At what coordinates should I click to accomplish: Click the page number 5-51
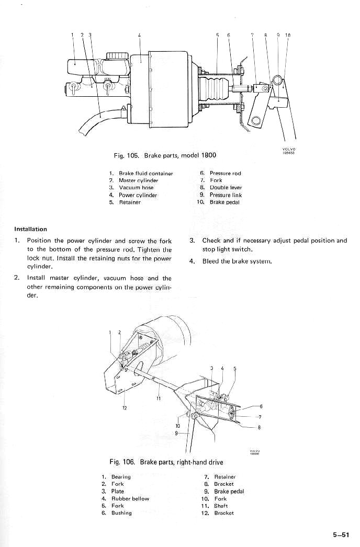pyautogui.click(x=340, y=534)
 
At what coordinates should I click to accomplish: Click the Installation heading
pyautogui.click(x=30, y=229)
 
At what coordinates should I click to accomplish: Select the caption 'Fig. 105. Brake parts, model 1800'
pyautogui.click(x=165, y=155)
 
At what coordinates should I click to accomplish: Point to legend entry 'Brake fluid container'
pyautogui.click(x=145, y=173)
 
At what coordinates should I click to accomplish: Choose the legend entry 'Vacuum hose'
pyautogui.click(x=136, y=188)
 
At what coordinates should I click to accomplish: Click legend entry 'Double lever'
pyautogui.click(x=226, y=188)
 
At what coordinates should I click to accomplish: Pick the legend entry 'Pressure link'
pyautogui.click(x=226, y=195)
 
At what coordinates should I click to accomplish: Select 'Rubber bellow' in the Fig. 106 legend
pyautogui.click(x=130, y=499)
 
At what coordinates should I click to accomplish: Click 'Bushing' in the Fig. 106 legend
pyautogui.click(x=121, y=513)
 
